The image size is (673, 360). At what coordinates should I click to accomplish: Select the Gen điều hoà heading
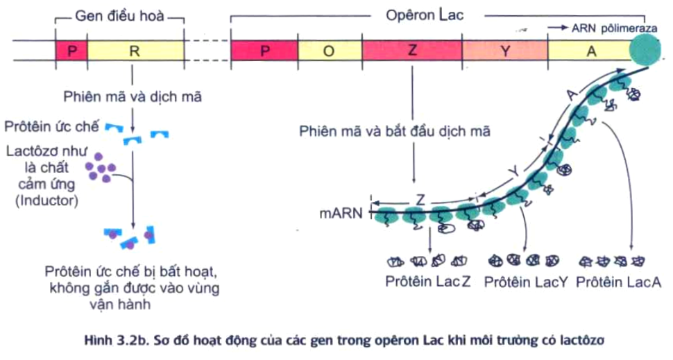[119, 15]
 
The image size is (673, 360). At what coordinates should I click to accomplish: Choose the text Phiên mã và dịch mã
[133, 97]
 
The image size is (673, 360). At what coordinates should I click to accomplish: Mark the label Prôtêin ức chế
[51, 126]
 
